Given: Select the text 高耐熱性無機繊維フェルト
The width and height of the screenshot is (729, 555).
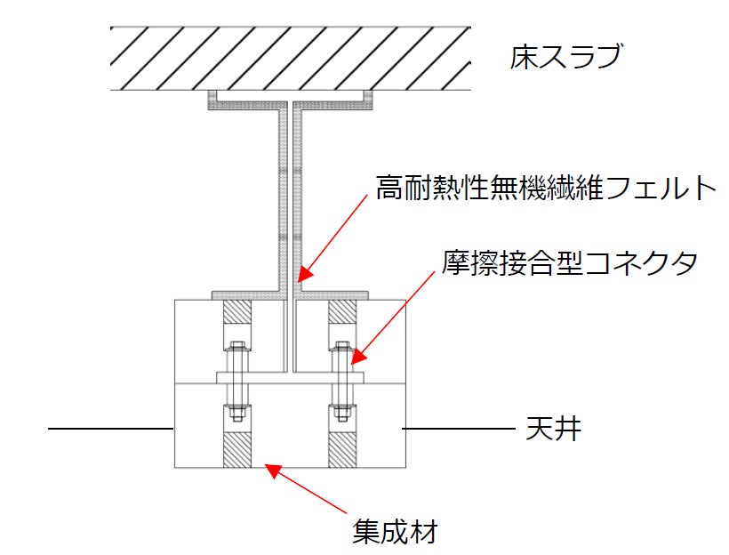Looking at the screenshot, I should tap(545, 189).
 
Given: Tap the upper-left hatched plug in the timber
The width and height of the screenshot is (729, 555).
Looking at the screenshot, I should tap(236, 311).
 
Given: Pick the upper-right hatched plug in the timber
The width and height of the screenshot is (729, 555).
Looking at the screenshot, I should tap(342, 311).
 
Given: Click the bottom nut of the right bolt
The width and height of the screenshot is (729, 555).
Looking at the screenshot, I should tap(342, 413).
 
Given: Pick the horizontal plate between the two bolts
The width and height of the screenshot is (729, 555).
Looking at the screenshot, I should tap(290, 378).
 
